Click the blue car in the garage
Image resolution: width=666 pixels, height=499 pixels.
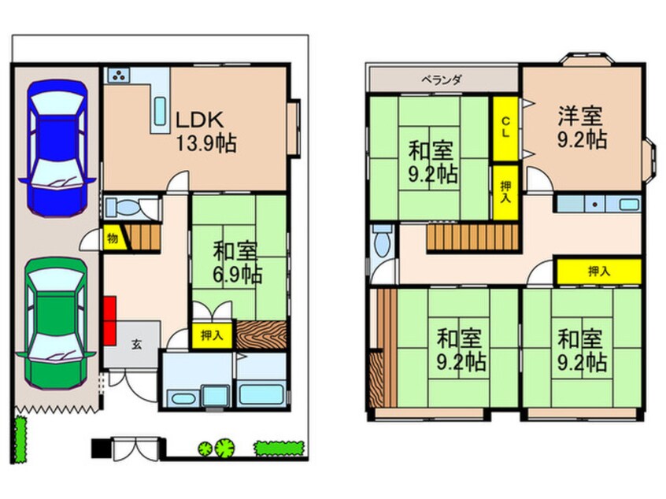click(x=57, y=148)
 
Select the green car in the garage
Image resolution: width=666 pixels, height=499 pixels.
click(x=57, y=323)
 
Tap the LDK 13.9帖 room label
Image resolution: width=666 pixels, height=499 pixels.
click(x=206, y=131)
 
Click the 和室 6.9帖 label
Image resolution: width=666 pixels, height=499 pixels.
click(x=237, y=262)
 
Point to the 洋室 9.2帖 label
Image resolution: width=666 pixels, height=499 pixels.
click(x=582, y=128)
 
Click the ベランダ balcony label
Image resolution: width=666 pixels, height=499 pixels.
click(x=442, y=79)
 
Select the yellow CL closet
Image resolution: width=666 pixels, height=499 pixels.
click(x=505, y=128)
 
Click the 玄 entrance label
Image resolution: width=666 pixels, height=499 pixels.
click(x=136, y=344)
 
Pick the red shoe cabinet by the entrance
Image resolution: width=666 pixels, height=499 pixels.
click(x=109, y=320)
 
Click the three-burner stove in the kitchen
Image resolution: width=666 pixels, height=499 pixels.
click(x=119, y=76)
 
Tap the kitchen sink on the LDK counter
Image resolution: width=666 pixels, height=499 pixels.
click(x=160, y=111)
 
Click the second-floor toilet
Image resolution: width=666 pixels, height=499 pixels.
click(x=383, y=241)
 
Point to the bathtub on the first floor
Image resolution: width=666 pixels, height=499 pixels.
click(x=261, y=394)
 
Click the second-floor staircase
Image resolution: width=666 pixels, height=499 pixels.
click(x=473, y=238)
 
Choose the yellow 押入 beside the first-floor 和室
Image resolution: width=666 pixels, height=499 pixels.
click(x=212, y=335)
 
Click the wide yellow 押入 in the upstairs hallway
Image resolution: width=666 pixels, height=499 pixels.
click(x=599, y=271)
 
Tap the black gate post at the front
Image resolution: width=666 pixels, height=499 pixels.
click(x=100, y=449)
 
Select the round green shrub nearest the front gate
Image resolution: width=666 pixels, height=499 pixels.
click(x=205, y=448)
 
